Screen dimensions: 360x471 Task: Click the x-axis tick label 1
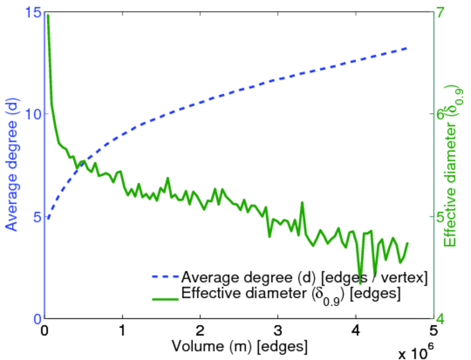pos(122,330)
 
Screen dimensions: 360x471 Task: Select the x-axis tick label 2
pos(200,330)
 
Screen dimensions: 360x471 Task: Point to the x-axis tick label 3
pos(278,330)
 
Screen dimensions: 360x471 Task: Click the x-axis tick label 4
pos(356,330)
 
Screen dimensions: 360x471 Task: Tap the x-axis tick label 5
pos(433,330)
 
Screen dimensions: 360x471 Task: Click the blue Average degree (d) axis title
pos(11,166)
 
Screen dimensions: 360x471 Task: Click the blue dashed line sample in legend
pos(164,278)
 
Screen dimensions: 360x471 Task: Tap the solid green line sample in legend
pos(164,296)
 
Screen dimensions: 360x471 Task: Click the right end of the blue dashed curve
pos(407,47)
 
